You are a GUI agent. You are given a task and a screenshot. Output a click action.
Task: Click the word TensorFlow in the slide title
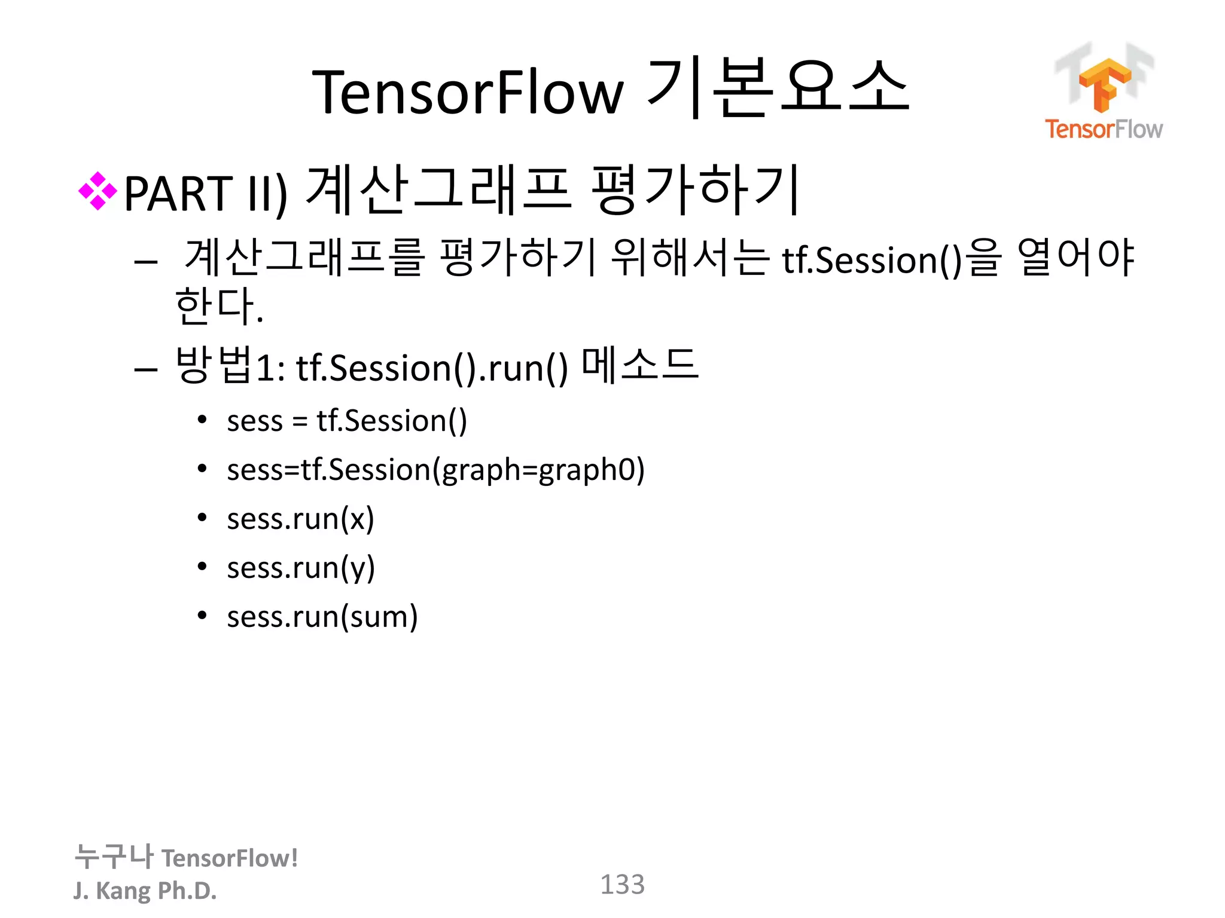click(468, 93)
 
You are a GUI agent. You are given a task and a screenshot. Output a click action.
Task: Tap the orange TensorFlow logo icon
click(1104, 84)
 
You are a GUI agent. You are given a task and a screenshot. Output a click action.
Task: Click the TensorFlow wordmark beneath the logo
click(1104, 129)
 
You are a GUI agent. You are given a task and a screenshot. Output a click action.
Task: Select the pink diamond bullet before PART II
click(97, 191)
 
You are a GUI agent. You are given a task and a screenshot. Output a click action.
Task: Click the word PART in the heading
click(178, 194)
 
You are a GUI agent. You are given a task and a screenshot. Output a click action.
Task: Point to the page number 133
click(622, 885)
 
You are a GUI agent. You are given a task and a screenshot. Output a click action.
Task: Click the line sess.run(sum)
click(322, 617)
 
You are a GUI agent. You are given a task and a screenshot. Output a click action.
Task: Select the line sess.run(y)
click(301, 568)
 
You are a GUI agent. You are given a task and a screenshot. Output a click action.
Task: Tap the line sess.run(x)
click(300, 519)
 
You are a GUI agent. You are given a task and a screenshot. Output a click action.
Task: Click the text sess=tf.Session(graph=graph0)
click(435, 470)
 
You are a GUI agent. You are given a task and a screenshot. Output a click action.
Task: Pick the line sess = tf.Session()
click(347, 421)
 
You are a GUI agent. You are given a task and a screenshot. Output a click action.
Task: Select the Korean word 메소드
click(640, 365)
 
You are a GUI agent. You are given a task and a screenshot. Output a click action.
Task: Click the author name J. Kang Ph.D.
click(145, 891)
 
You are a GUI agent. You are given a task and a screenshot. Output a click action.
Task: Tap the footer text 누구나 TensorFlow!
click(186, 857)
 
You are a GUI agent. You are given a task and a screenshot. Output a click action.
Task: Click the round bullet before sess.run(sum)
click(202, 616)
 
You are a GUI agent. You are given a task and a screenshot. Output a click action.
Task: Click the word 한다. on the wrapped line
click(219, 306)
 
